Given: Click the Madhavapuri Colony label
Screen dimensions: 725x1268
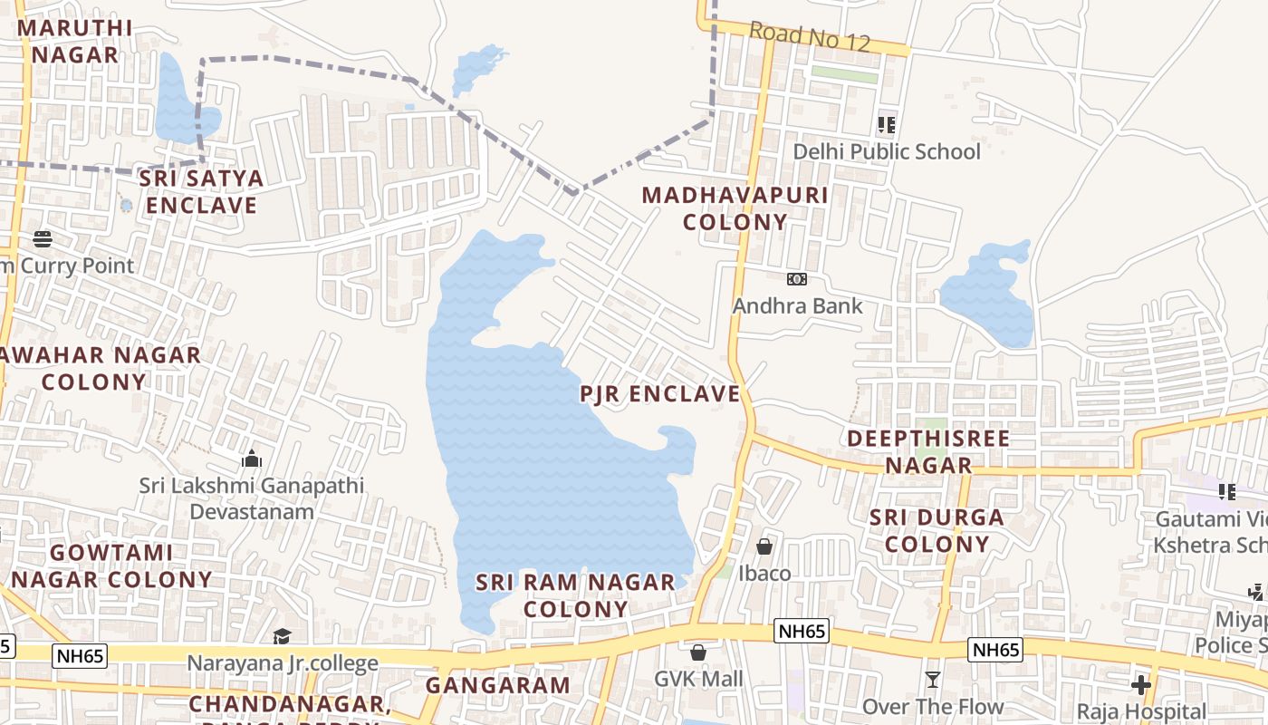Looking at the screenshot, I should point(735,208).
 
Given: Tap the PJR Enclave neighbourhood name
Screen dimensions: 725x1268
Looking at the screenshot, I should point(660,393).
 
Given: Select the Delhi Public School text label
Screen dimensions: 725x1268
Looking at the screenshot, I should point(887,151).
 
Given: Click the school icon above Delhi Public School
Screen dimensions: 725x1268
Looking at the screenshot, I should point(887,125).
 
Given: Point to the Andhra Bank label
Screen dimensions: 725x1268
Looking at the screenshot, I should point(797,305).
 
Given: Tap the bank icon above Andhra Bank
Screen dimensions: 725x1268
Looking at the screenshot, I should point(797,279).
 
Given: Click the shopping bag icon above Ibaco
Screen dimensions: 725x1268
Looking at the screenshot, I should point(764,546).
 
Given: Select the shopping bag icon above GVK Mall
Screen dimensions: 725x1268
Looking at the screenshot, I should point(698,652).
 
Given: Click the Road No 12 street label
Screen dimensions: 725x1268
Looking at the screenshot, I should point(810,37).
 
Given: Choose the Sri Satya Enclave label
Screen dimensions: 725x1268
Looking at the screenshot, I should point(201,191).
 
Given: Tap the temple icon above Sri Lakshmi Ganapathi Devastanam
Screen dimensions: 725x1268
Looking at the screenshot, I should point(252,459).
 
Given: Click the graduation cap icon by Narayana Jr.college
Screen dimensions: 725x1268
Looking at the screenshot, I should point(283,637).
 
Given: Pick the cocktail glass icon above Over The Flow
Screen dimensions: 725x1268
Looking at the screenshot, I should point(933,680).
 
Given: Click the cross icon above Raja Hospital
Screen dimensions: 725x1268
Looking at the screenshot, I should point(1141,684).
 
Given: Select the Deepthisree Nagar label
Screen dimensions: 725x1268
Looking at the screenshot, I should point(928,451).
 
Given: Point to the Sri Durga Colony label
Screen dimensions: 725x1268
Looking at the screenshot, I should point(937,530).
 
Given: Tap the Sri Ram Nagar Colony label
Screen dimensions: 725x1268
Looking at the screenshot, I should point(576,594).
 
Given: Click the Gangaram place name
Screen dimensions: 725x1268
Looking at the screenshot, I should point(498,685).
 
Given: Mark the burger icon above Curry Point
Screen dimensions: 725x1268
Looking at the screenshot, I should point(43,239).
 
